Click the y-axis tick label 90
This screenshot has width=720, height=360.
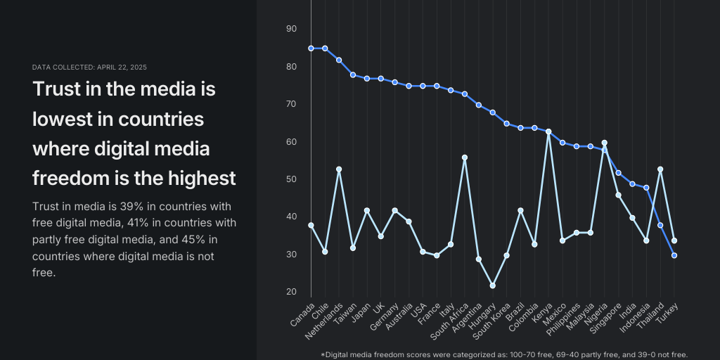(x=292, y=29)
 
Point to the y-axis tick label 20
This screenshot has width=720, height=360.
(x=292, y=292)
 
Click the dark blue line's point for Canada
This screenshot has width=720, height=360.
(x=311, y=49)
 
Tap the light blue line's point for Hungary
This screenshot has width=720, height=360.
(x=493, y=285)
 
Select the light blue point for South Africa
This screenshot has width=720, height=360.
(x=465, y=157)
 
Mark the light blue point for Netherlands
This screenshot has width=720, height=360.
(x=339, y=169)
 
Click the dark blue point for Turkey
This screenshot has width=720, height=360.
(x=674, y=255)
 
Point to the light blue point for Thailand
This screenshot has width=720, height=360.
(x=660, y=169)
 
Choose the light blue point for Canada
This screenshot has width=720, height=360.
(x=311, y=225)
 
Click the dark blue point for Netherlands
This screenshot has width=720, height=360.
(x=339, y=60)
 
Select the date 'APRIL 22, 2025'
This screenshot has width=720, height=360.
(x=122, y=67)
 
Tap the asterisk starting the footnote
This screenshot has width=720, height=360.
(x=323, y=355)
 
